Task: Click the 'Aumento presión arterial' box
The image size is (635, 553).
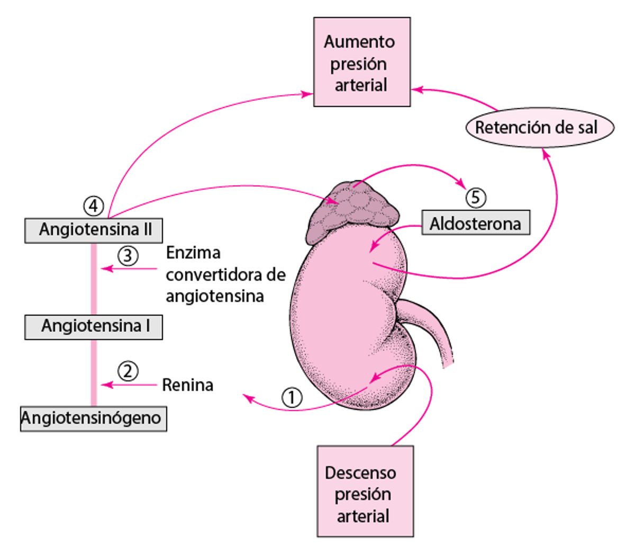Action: coord(361,63)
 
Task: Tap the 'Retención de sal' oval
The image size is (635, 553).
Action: coord(539,128)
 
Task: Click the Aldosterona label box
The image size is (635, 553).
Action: coord(475,224)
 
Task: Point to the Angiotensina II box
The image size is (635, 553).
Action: coord(94,230)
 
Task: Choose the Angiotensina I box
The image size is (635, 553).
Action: coord(94,326)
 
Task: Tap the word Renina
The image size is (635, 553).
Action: coord(187,385)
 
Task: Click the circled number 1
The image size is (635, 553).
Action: coord(292,397)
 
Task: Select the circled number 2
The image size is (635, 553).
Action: coord(128,371)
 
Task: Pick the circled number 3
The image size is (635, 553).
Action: coord(128,256)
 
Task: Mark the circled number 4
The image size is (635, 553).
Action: coord(94,206)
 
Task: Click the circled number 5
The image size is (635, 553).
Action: coord(475,198)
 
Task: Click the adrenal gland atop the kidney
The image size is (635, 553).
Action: coord(351,211)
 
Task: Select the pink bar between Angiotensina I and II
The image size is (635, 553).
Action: coord(94,278)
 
